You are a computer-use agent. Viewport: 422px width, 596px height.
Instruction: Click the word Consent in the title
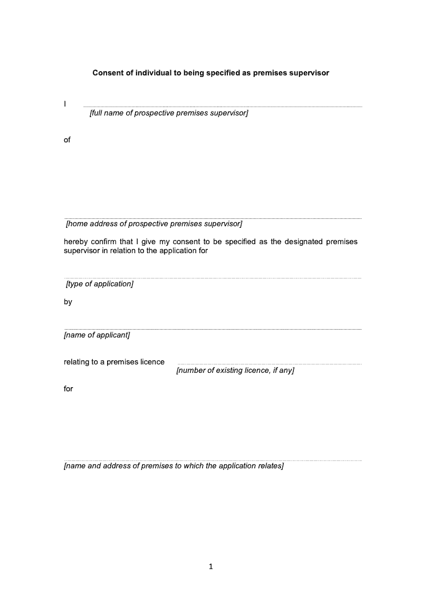108,73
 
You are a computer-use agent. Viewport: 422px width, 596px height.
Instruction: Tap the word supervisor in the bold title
310,73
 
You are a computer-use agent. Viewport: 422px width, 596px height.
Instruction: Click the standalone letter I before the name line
65,104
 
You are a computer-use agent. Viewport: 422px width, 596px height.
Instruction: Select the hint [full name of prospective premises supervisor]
169,113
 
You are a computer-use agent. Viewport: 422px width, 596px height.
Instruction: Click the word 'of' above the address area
67,140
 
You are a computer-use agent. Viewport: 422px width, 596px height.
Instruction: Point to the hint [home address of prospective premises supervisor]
154,224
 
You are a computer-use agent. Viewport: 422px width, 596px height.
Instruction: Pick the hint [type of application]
100,284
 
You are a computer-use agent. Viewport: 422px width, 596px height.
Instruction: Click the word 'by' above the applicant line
68,302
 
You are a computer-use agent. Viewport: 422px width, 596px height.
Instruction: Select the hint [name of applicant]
97,335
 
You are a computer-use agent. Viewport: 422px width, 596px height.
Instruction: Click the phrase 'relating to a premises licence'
114,362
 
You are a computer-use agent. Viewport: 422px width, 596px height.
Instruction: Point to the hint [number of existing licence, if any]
235,370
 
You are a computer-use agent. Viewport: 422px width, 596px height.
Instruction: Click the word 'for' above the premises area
69,389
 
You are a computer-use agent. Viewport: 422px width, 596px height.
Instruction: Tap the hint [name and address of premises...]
174,466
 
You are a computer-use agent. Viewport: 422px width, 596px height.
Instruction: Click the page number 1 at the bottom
211,567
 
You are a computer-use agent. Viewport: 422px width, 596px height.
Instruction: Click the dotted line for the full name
223,107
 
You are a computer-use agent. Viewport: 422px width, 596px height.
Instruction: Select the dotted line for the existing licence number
269,364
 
